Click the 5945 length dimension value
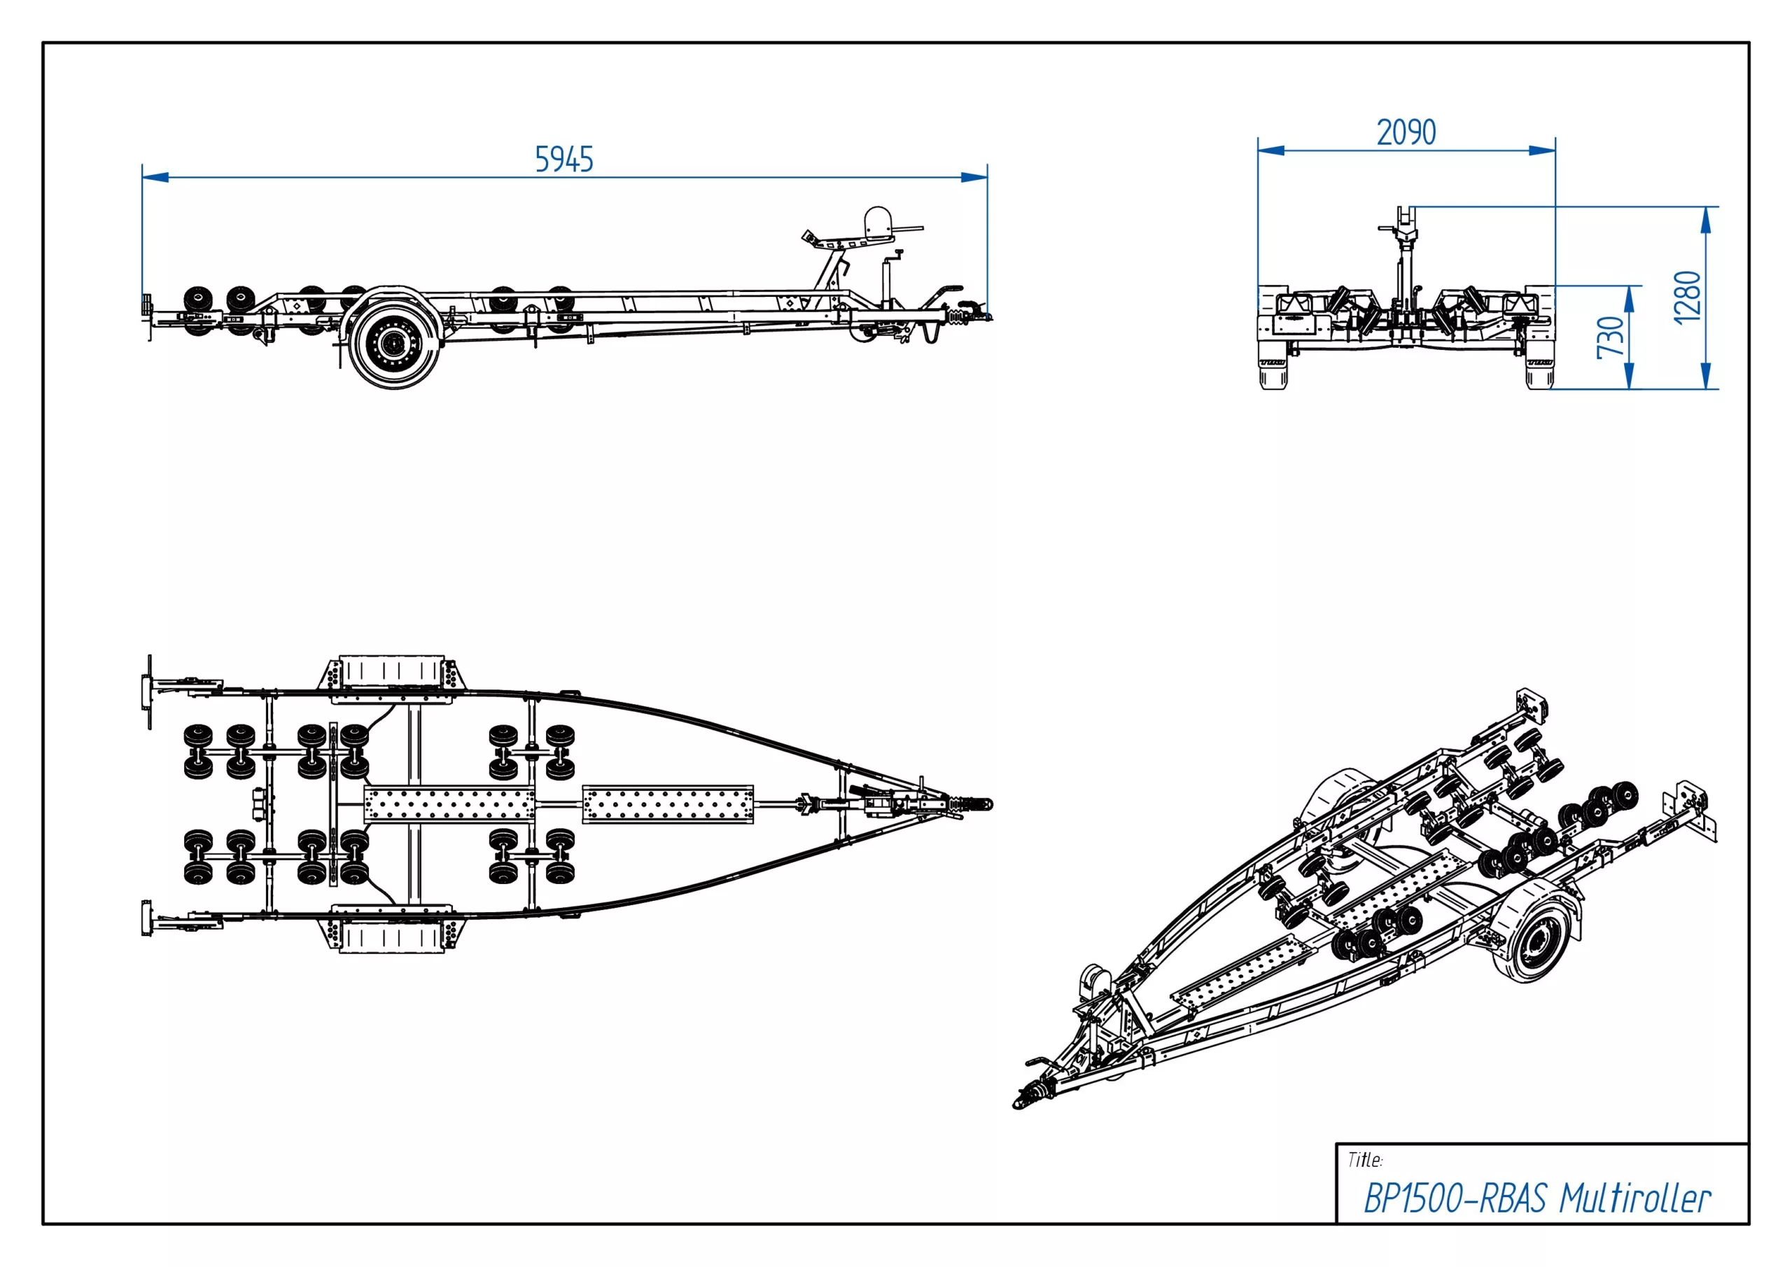563,160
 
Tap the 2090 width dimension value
1406,133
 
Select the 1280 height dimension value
1688,297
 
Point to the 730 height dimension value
1611,337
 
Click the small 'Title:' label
1365,1160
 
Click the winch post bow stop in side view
877,222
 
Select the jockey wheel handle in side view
898,253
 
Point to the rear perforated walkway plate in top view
449,805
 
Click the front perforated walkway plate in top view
668,805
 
